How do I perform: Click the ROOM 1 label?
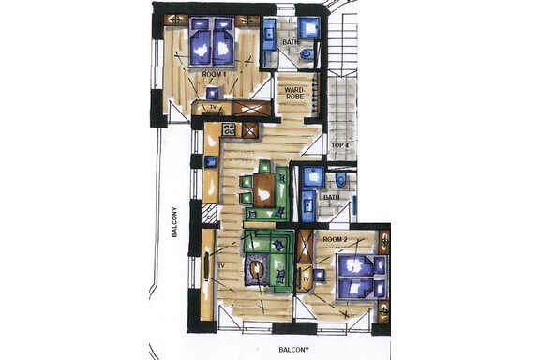coord(214,74)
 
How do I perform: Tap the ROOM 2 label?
coord(335,239)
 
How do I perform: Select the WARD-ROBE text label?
coord(294,93)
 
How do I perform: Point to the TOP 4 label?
coord(340,145)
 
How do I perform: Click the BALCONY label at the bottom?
coord(293,350)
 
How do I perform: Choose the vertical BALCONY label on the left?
coord(174,222)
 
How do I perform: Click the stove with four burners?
coord(229,129)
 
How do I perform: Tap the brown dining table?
coord(264,189)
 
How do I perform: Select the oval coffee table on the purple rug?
coord(257,271)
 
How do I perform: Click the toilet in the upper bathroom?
coord(306,54)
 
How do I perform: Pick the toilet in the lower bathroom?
coord(340,180)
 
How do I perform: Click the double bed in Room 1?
coord(212,41)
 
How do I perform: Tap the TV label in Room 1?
coord(213,108)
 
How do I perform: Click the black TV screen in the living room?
coord(206,265)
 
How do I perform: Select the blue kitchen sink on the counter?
coord(211,162)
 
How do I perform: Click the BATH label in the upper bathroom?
coord(291,42)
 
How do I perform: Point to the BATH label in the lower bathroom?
coord(331,198)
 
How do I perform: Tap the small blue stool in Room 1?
coord(213,93)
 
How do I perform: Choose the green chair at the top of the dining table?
coord(264,167)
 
